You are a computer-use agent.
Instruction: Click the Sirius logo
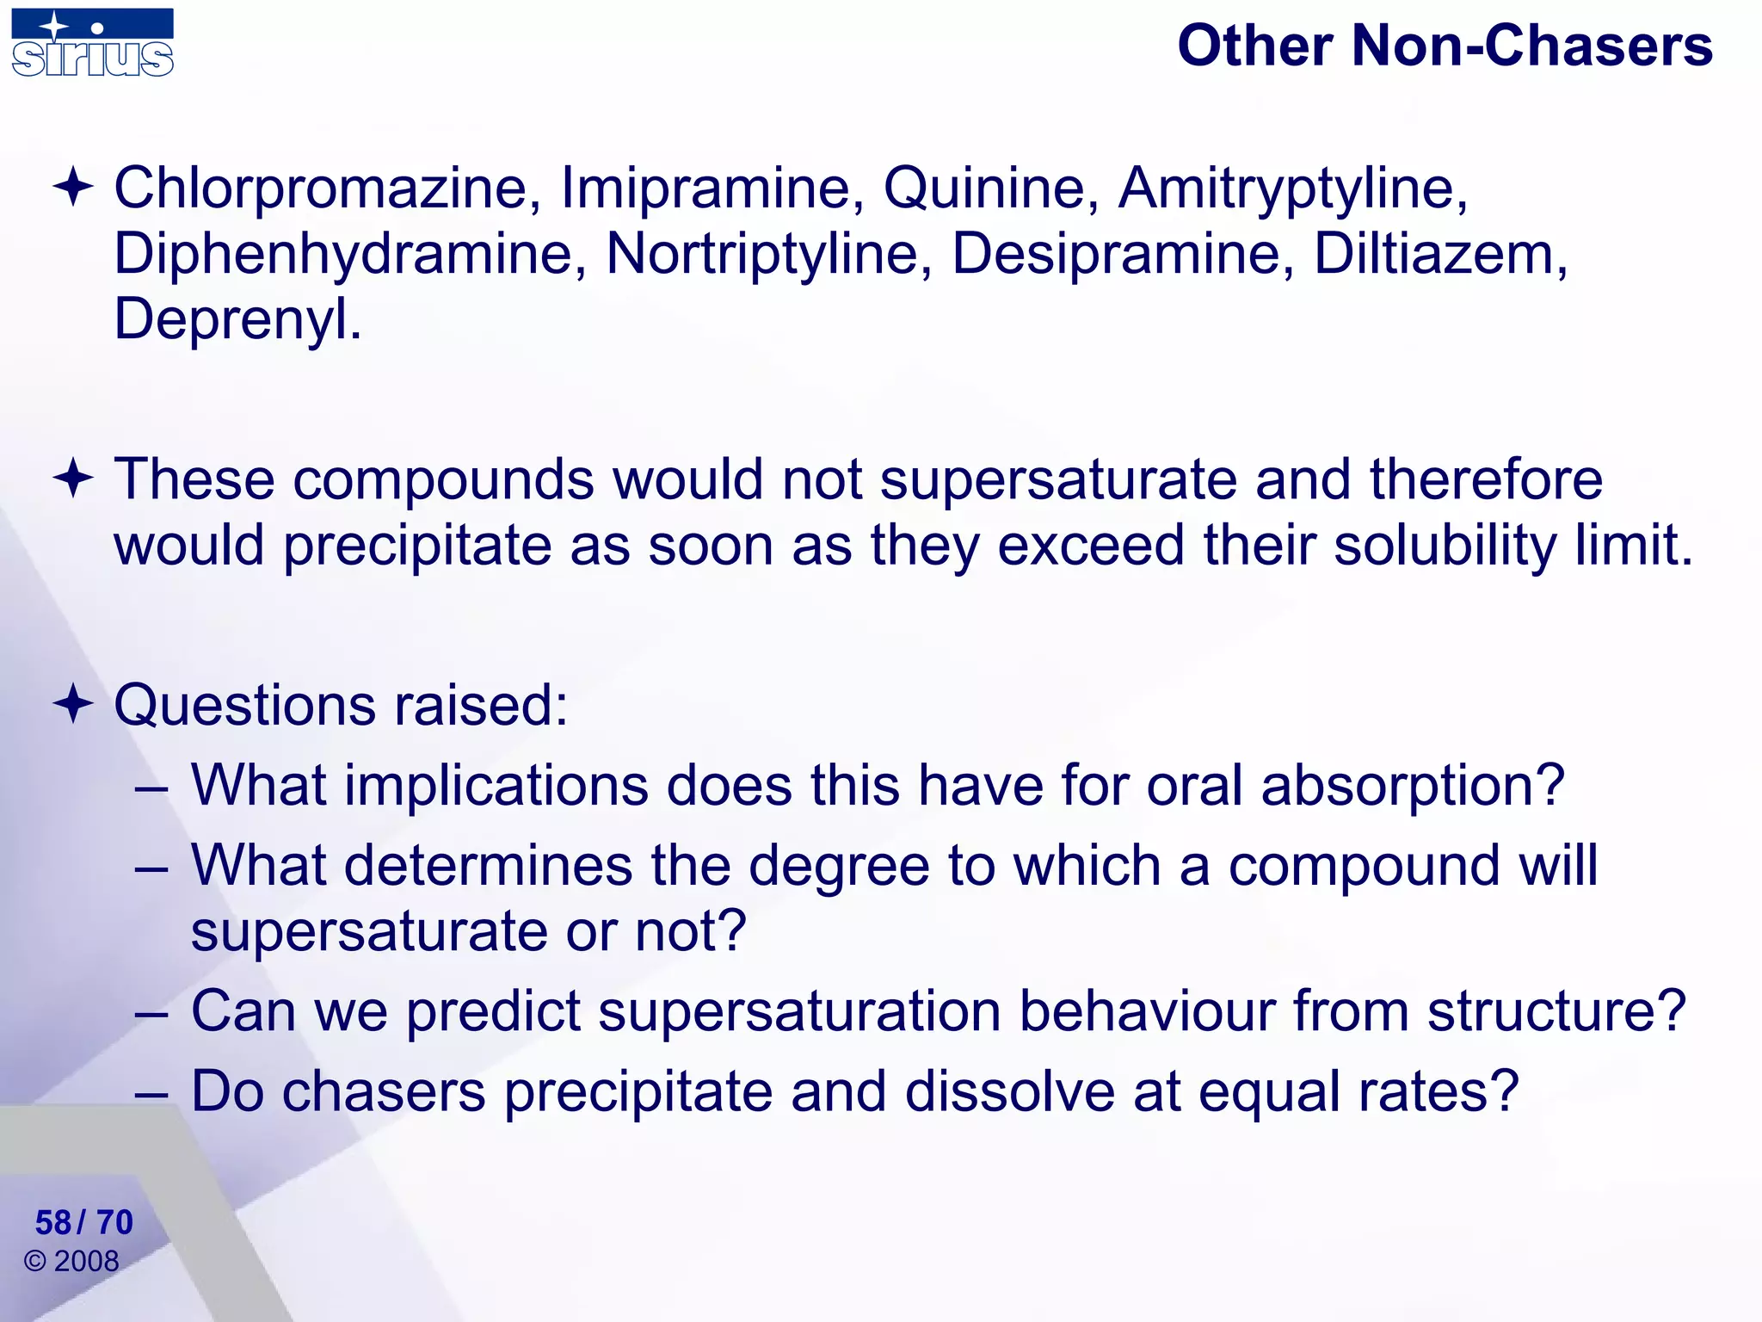92,44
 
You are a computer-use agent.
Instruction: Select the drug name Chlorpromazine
320,188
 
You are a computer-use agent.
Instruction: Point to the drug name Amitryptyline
1291,188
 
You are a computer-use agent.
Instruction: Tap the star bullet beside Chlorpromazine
73,187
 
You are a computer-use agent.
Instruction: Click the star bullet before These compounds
73,479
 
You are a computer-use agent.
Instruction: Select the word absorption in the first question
1411,786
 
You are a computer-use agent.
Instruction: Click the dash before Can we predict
151,1013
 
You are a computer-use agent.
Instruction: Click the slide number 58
53,1223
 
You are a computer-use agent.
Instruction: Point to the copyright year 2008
86,1262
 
